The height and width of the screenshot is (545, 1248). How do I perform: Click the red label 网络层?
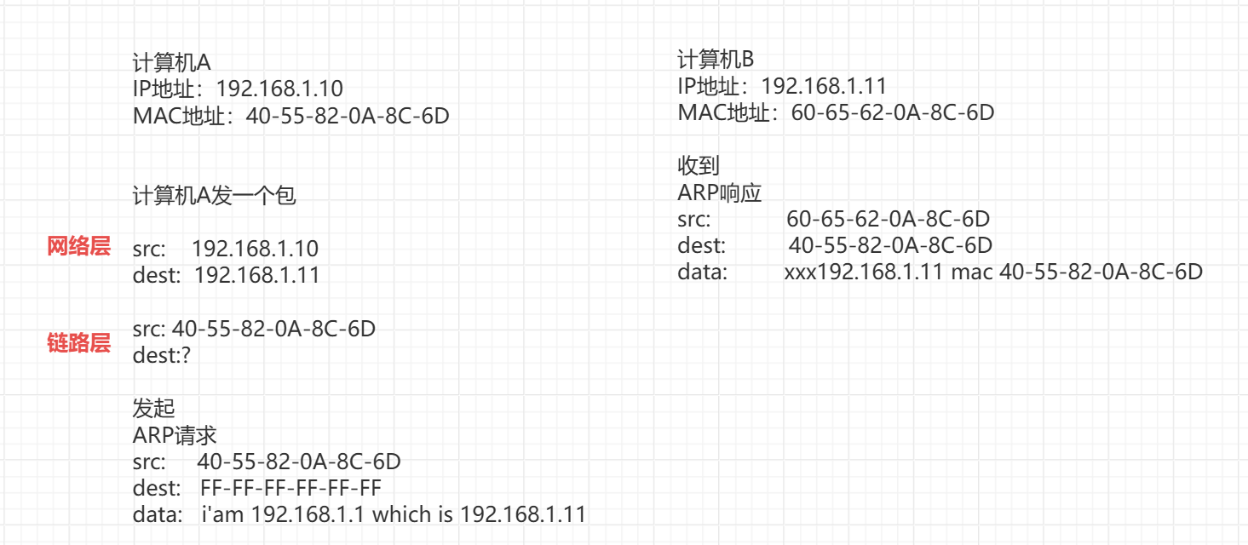78,247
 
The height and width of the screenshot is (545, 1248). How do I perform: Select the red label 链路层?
78,344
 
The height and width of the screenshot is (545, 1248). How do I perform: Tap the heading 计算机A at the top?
171,63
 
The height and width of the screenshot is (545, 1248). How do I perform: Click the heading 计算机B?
716,60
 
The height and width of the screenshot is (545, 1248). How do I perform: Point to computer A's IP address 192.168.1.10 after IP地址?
279,89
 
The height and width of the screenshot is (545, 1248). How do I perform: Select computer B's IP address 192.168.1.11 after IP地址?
824,86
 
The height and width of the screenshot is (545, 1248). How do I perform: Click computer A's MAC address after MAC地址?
347,117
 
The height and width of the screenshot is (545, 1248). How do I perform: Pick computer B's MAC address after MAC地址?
893,112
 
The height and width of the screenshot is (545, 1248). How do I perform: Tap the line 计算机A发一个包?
214,196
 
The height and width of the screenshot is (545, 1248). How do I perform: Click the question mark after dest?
185,355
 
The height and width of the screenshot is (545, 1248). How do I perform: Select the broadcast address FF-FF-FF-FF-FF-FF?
290,489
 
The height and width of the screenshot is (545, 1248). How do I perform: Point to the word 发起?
154,409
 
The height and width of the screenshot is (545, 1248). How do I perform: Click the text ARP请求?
175,436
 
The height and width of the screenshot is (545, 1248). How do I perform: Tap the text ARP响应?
719,193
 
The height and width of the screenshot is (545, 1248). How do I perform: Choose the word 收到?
699,166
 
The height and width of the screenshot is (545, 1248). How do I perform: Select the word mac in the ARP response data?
971,272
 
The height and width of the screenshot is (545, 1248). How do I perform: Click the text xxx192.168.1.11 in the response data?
864,272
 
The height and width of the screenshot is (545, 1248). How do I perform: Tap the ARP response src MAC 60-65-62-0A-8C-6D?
888,220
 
